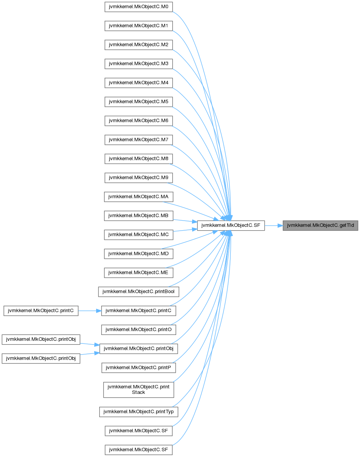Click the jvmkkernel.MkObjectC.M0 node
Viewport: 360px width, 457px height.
pyautogui.click(x=139, y=7)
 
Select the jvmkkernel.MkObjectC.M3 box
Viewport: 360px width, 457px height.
pyautogui.click(x=139, y=64)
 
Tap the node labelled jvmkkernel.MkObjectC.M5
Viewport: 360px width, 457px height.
pyautogui.click(x=139, y=102)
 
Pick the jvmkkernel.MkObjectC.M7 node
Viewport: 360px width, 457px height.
pyautogui.click(x=139, y=140)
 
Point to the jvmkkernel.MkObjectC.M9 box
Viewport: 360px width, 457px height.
pyautogui.click(x=139, y=178)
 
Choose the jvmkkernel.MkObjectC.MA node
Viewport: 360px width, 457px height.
pyautogui.click(x=139, y=197)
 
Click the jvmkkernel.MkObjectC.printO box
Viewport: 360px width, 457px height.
pyautogui.click(x=139, y=330)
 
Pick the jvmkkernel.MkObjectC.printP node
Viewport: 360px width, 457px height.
pyautogui.click(x=139, y=368)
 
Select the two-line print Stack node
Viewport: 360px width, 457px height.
pyautogui.click(x=139, y=389)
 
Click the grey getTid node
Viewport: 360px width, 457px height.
pyautogui.click(x=321, y=226)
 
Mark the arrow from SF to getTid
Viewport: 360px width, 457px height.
pyautogui.click(x=273, y=226)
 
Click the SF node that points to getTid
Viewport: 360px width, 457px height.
pyautogui.click(x=231, y=226)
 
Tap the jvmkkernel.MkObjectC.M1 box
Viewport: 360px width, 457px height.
pyautogui.click(x=139, y=26)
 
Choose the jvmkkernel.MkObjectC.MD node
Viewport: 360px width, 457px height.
pyautogui.click(x=139, y=254)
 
